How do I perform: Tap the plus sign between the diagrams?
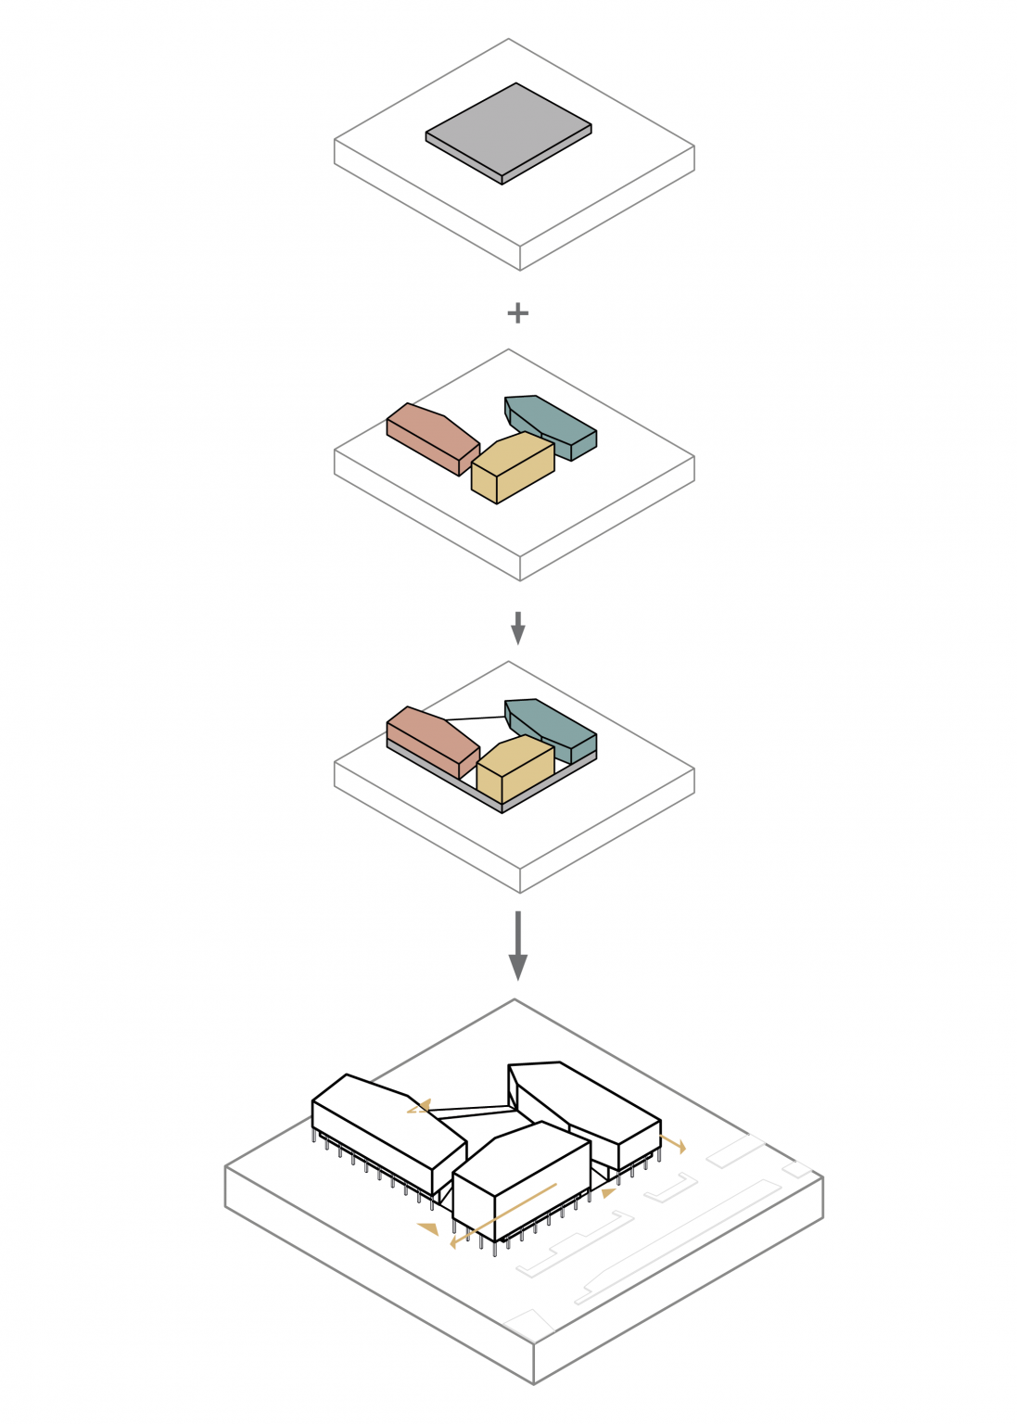click(x=517, y=313)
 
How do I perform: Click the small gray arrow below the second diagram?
click(x=517, y=629)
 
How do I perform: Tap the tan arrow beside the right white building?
click(x=673, y=1142)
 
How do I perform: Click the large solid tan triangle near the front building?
click(x=428, y=1228)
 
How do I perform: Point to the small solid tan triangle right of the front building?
click(x=608, y=1193)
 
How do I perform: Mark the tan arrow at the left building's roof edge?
click(x=419, y=1106)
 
